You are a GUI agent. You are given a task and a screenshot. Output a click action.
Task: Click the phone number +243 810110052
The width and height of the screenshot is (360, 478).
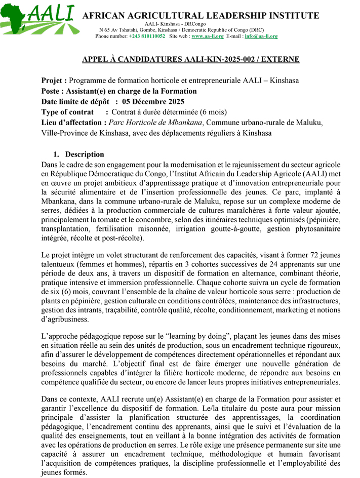coord(147,36)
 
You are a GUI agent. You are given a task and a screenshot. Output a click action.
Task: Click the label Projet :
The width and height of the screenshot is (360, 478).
coord(54,81)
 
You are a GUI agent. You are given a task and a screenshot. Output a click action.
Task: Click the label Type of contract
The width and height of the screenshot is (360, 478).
coord(67,112)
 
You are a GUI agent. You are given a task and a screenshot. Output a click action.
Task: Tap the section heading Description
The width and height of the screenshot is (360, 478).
coord(85,154)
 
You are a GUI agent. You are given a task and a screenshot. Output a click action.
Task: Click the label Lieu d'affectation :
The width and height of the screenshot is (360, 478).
coord(74,123)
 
